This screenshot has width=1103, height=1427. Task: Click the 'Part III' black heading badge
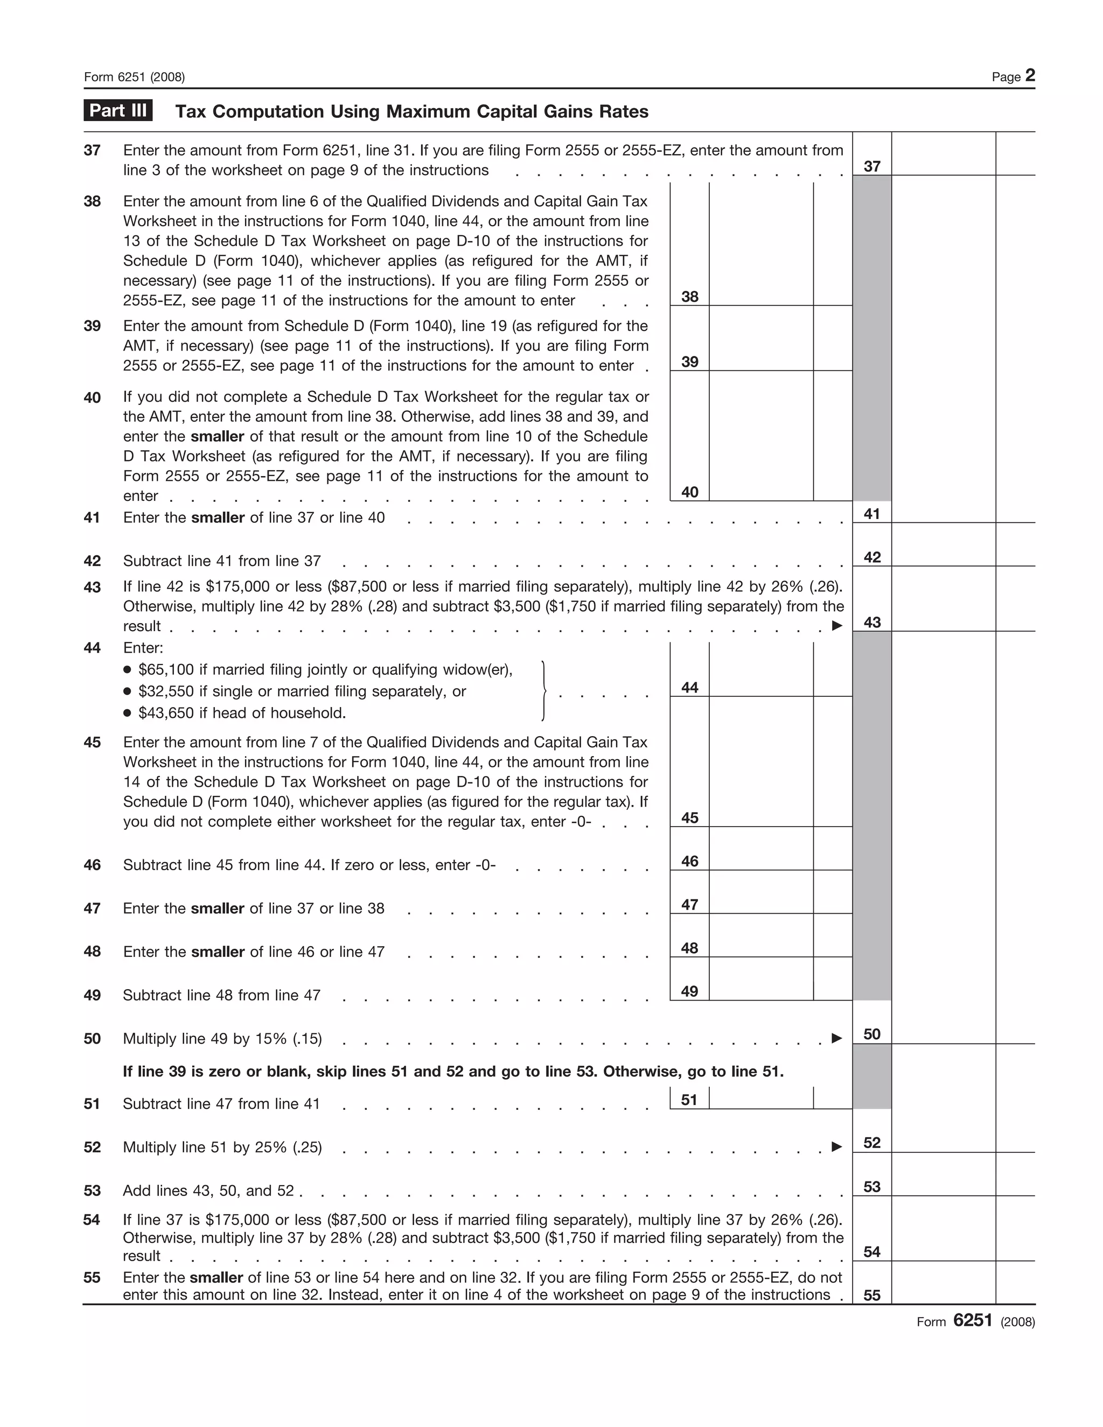coord(117,110)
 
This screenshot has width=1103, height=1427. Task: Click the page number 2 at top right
coord(1030,75)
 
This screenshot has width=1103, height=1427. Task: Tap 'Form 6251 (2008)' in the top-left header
coord(134,77)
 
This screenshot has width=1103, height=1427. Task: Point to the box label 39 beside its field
coord(689,361)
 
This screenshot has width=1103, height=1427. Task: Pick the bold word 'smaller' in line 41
coord(217,517)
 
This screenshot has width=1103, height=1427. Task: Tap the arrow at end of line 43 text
coord(836,625)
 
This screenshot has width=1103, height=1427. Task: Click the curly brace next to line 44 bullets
coord(543,691)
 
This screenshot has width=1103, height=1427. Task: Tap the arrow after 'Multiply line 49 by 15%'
coord(836,1038)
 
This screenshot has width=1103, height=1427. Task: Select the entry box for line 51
coord(760,1099)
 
